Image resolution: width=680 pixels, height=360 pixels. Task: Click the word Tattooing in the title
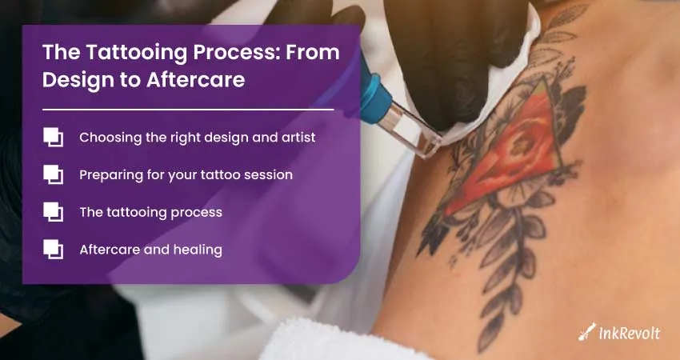click(137, 53)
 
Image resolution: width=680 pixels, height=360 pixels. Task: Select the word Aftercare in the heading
click(195, 80)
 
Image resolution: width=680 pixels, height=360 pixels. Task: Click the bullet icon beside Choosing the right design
click(53, 137)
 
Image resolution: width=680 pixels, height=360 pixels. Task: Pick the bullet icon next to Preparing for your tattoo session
click(53, 174)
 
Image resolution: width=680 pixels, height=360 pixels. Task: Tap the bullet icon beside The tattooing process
click(53, 212)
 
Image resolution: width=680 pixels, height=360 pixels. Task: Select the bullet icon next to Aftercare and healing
click(53, 250)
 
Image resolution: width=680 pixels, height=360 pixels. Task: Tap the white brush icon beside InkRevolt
click(587, 332)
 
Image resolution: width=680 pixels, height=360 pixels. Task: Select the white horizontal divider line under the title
click(188, 110)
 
